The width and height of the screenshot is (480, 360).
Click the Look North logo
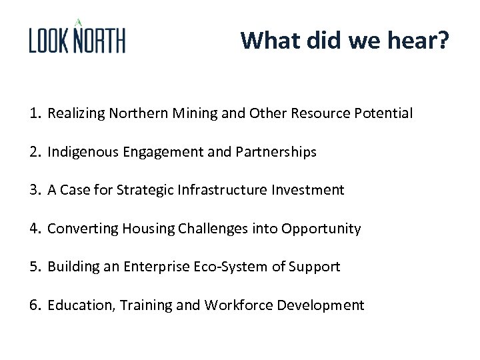[x=77, y=37]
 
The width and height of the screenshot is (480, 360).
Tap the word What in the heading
[x=271, y=40]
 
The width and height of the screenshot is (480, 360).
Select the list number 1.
[x=34, y=113]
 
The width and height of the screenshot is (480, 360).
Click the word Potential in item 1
[x=383, y=113]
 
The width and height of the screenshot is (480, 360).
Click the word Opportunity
[x=321, y=229]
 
